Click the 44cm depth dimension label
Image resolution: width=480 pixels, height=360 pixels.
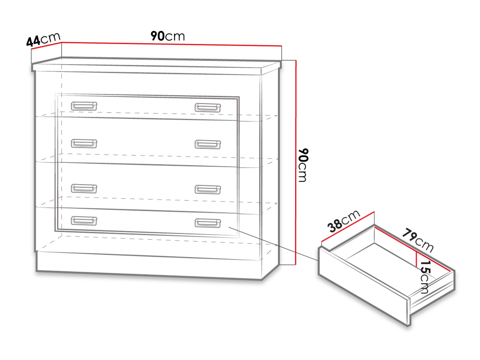click(x=43, y=39)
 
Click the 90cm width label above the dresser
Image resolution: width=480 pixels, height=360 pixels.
click(x=168, y=36)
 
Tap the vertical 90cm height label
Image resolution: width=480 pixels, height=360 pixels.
click(x=303, y=165)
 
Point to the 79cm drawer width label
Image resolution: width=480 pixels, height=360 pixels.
click(x=418, y=240)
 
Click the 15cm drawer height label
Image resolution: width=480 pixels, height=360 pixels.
click(x=425, y=277)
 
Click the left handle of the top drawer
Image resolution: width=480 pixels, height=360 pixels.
click(x=84, y=106)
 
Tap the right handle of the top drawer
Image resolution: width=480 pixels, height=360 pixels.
click(x=208, y=108)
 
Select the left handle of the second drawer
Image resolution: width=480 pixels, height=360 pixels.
click(x=84, y=143)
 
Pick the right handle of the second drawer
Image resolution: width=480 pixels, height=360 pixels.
click(x=208, y=144)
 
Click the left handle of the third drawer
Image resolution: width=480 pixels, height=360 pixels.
click(x=84, y=188)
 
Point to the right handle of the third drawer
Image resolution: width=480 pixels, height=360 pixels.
click(x=208, y=189)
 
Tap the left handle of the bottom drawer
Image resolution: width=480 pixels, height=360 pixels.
click(x=84, y=220)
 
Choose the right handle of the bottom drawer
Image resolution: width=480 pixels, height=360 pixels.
click(x=208, y=223)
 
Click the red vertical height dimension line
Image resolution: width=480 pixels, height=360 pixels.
click(x=296, y=162)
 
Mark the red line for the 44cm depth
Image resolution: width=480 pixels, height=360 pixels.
click(x=46, y=46)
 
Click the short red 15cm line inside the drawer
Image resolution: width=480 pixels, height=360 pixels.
click(x=416, y=259)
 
